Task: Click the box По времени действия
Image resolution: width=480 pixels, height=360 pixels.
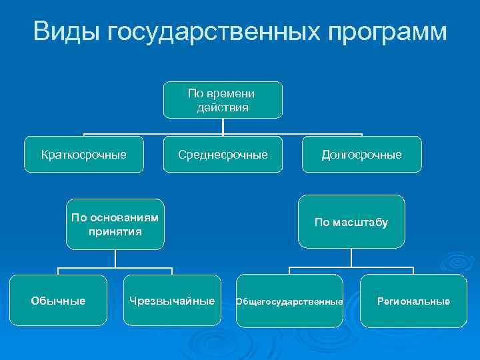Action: pos(223,100)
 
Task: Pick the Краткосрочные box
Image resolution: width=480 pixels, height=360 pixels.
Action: pos(83,155)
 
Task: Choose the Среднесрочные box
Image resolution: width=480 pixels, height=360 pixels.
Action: pos(223,155)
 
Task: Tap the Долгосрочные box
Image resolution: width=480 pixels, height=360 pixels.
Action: pos(361,155)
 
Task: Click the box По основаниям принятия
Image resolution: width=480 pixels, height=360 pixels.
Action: pos(115,224)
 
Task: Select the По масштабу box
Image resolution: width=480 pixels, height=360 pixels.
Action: pos(351,222)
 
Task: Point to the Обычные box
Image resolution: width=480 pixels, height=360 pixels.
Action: pos(58,301)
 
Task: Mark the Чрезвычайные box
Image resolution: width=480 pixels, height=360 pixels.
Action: pos(172,301)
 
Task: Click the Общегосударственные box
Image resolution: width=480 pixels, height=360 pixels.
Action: pos(289,301)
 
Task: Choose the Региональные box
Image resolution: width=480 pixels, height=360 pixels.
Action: pos(413,301)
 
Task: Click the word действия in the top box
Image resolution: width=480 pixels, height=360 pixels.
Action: pos(223,107)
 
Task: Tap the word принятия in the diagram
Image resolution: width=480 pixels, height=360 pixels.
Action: pos(115,232)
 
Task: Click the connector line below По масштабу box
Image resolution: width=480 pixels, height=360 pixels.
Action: pos(351,259)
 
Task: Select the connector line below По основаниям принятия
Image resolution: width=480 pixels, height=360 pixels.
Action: pos(115,259)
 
